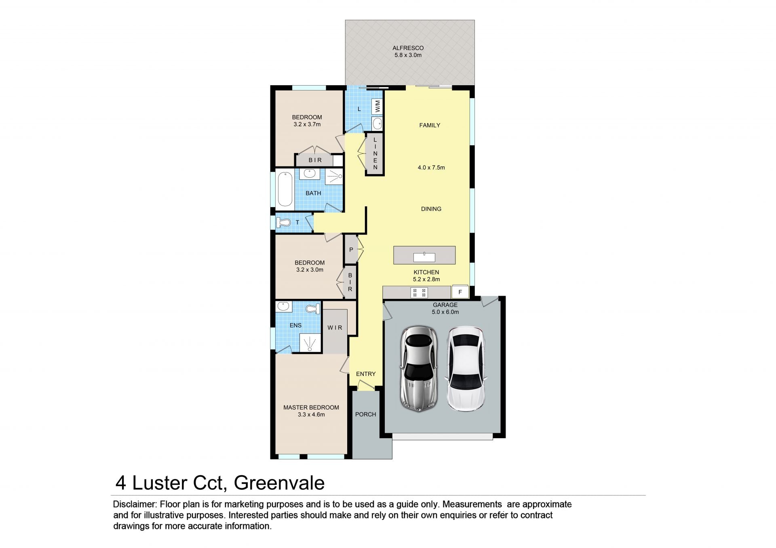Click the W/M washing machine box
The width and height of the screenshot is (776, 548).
[x=377, y=107]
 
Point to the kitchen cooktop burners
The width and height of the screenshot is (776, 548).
[x=419, y=292]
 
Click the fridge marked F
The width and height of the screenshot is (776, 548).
[x=460, y=292]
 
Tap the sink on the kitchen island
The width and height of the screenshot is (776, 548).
[x=424, y=257]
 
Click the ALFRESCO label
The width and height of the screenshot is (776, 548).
[x=408, y=48]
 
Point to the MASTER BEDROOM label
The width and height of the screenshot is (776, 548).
[x=311, y=407]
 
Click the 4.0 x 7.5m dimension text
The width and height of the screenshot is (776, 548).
[x=431, y=168]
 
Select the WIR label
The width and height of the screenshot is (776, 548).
[x=335, y=328]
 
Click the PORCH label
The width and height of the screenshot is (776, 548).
[x=366, y=414]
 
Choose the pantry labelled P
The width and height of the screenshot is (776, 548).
[x=351, y=250]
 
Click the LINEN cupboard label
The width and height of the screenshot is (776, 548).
[x=375, y=153]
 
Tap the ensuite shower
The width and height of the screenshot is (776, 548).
[x=310, y=343]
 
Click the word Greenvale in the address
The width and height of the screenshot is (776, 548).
[x=279, y=483]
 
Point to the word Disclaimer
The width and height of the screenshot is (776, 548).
[x=135, y=504]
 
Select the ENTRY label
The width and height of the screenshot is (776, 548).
[x=366, y=374]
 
